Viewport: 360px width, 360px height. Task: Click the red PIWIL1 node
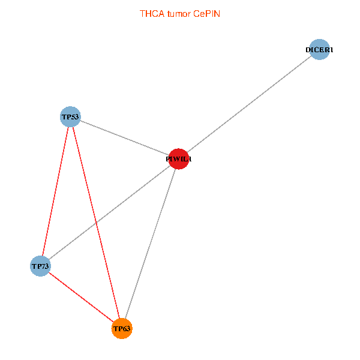(179, 159)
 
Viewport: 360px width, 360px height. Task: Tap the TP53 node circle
(70, 116)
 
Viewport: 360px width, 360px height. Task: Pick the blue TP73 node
(40, 265)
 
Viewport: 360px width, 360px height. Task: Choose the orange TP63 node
(122, 328)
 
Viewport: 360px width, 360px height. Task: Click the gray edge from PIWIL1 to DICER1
(249, 104)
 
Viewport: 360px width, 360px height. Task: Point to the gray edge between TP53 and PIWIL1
(124, 137)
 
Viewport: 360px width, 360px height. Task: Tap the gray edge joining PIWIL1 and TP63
(150, 244)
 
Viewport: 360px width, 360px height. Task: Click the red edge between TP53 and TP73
(55, 191)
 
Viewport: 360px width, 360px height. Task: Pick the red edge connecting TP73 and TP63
(81, 297)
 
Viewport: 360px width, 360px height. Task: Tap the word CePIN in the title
(206, 13)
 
